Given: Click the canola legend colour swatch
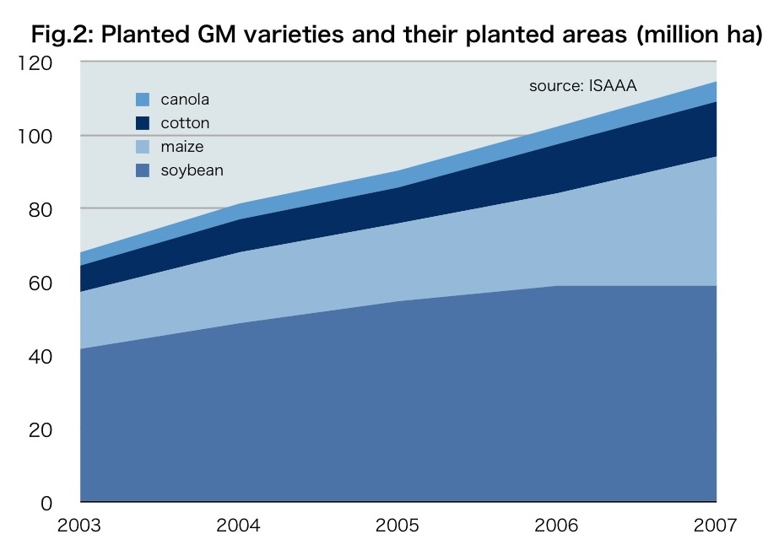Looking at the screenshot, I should (x=142, y=100).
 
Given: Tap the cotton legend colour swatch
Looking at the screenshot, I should (x=142, y=123).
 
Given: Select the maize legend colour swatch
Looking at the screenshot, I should (x=142, y=147).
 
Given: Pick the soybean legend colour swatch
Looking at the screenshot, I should (x=142, y=170).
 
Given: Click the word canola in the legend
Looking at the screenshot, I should (x=185, y=100).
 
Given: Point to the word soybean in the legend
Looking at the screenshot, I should (x=192, y=170).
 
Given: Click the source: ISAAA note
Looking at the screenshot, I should (x=582, y=85).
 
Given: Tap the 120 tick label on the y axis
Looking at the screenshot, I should (x=38, y=62).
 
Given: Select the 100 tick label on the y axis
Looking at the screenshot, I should (x=38, y=136).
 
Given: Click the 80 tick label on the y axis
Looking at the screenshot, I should (x=43, y=209).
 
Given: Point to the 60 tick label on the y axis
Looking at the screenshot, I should (x=43, y=283).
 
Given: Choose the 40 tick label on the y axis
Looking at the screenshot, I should (x=43, y=356).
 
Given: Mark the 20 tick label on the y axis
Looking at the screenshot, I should (x=43, y=429).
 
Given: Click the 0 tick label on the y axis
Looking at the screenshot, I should (x=48, y=503).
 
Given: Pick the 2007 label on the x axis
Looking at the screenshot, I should (x=714, y=526).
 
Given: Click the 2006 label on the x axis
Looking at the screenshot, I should (x=556, y=526).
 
